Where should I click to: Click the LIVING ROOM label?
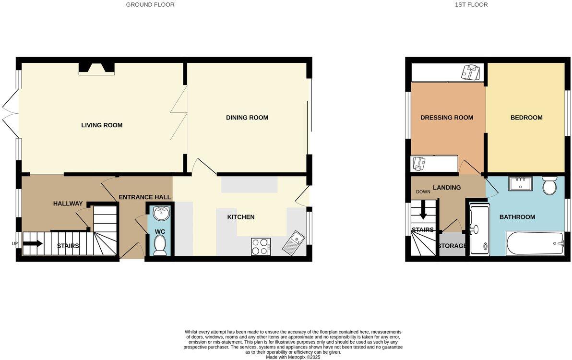coord(102,125)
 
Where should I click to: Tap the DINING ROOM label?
coord(247,118)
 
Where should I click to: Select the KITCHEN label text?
coord(240,217)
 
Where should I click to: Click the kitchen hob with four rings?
coord(261,247)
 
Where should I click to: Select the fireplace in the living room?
coord(96,68)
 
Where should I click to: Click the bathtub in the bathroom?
coord(535,243)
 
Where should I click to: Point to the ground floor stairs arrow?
coord(33,243)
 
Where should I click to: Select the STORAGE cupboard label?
coord(452,246)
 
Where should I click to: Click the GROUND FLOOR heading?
coord(150,5)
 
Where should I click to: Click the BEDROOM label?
coord(526,118)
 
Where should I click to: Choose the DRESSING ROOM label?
coord(446,118)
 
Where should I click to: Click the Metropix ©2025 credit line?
coord(293,357)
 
